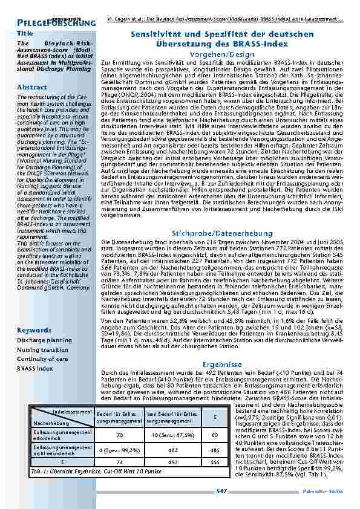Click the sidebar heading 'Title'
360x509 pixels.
click(x=25, y=34)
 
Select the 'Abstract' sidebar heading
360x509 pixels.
click(x=32, y=88)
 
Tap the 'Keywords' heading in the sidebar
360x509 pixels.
click(x=34, y=330)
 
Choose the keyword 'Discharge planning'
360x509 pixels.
click(x=44, y=340)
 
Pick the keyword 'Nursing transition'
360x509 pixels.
click(x=42, y=349)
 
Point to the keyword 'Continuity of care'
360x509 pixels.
click(x=42, y=358)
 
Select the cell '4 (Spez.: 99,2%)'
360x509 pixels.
click(x=119, y=450)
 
